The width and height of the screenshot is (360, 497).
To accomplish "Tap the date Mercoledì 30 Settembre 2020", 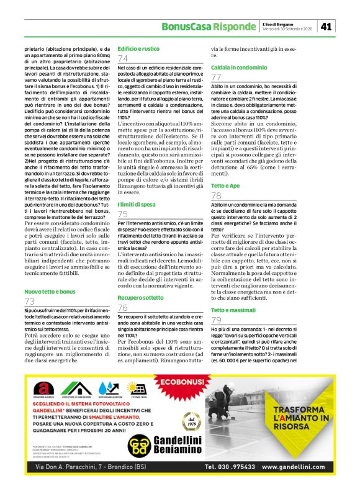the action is click(290, 29).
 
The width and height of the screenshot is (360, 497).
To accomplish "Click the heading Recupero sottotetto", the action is click(142, 298).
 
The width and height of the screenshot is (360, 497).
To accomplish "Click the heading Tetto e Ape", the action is click(225, 185).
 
